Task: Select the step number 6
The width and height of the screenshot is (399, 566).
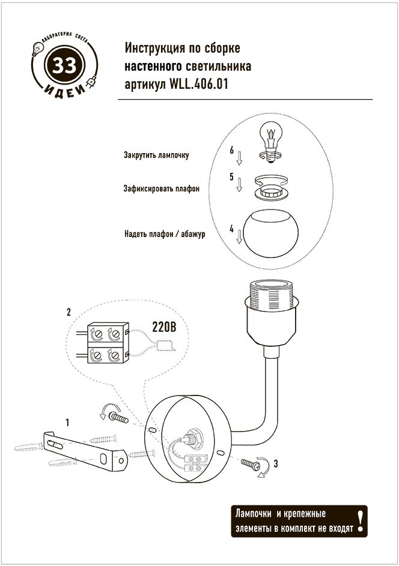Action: pyautogui.click(x=231, y=150)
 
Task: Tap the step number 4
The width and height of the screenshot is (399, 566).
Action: pyautogui.click(x=231, y=229)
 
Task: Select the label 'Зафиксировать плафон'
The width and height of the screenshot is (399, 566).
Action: pyautogui.click(x=162, y=188)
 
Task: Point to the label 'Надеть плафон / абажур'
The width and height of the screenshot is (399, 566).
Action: pyautogui.click(x=165, y=234)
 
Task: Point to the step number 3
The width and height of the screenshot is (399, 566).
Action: pyautogui.click(x=275, y=463)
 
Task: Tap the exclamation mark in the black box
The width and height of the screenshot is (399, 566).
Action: pyautogui.click(x=360, y=520)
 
